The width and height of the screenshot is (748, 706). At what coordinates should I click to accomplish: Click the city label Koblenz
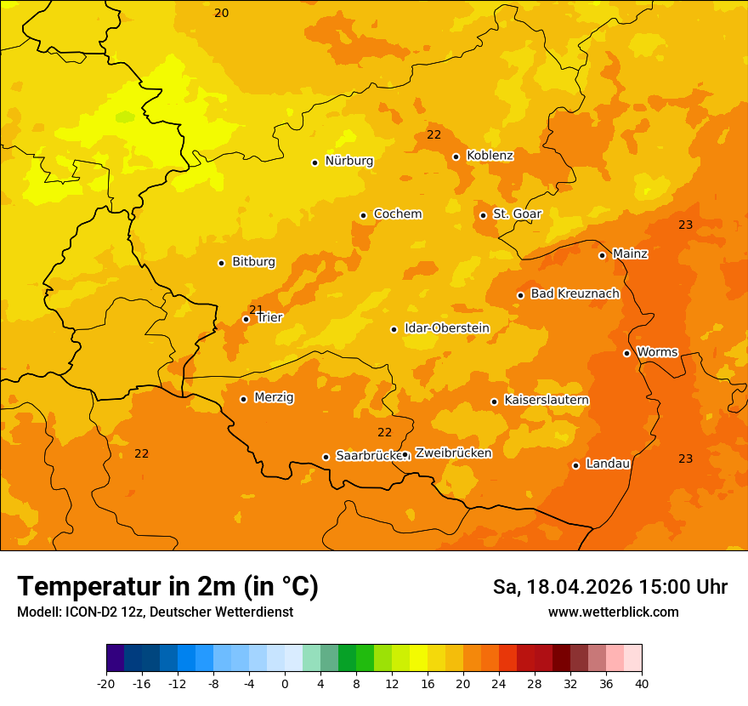[x=490, y=156]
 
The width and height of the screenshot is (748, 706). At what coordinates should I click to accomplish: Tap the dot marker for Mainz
[x=602, y=255]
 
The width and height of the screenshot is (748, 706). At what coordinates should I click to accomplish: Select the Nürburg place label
[x=348, y=161]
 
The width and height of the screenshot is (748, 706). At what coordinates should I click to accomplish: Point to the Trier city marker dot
[x=246, y=320]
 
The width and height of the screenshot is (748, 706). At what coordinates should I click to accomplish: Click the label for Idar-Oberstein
[x=446, y=328]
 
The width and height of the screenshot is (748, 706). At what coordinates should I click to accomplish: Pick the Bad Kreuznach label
[x=575, y=293]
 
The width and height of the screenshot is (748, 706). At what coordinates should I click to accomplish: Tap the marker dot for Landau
[x=575, y=465]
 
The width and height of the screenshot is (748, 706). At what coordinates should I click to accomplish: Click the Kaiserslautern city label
[x=547, y=400]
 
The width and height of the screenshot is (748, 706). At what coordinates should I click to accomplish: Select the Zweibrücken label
[x=453, y=453]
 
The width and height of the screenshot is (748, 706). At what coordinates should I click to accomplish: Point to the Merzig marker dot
[x=243, y=399]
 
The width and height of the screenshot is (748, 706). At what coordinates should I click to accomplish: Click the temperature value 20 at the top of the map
[x=221, y=13]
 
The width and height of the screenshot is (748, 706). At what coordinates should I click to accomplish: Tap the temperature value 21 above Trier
[x=256, y=310]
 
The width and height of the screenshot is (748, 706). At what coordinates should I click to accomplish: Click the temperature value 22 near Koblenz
[x=433, y=135]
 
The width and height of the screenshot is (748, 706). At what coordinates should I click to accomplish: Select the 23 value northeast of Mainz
[x=685, y=225]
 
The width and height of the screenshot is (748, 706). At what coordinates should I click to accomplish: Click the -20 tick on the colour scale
[x=105, y=684]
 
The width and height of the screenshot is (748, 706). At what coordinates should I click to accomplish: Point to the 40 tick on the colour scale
[x=642, y=684]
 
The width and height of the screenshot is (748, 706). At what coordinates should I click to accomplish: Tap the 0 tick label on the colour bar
[x=285, y=684]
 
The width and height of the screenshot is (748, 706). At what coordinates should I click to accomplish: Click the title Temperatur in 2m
[x=167, y=587]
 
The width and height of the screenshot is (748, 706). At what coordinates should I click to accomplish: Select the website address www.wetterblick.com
[x=613, y=612]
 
